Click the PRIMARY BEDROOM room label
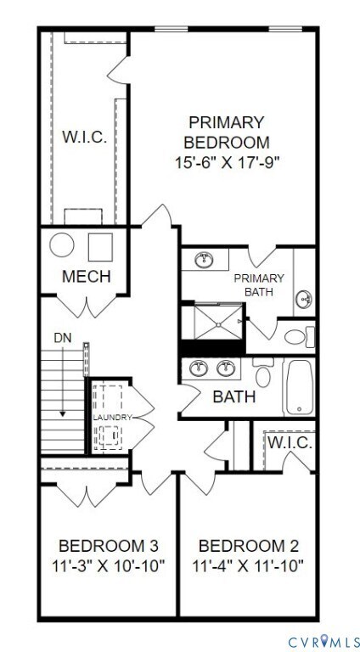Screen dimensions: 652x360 [x=227, y=132]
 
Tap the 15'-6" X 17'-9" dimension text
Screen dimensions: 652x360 [x=227, y=161]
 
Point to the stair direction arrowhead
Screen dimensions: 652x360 [x=63, y=413]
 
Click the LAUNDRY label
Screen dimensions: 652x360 [x=111, y=418]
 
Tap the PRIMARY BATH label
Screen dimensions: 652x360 [x=259, y=284]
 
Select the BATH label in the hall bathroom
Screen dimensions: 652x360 [x=233, y=396]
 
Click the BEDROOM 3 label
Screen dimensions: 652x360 [x=108, y=544]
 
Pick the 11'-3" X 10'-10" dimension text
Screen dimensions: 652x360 [x=108, y=565]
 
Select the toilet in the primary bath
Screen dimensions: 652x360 [x=296, y=336]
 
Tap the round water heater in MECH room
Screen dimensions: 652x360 [x=63, y=246]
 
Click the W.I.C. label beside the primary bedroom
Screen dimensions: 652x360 [x=84, y=137]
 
